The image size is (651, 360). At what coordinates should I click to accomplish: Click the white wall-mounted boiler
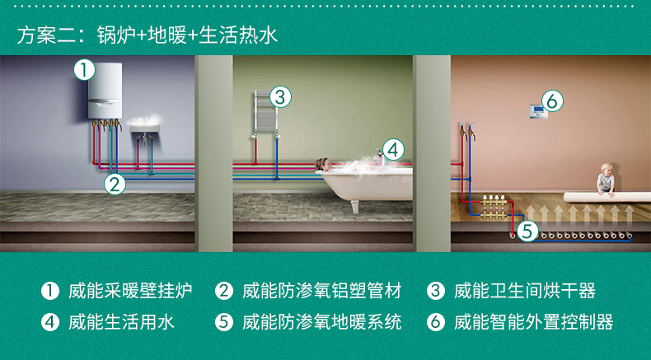tap(105, 91)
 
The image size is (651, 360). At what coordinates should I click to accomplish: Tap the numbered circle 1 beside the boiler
tap(84, 70)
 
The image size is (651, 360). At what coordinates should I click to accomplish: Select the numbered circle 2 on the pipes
tap(115, 184)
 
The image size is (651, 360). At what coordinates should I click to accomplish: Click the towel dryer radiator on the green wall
tap(265, 113)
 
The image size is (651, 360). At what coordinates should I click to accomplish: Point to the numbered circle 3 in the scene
tap(281, 97)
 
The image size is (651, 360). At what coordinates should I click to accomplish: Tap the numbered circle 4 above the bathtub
tap(393, 149)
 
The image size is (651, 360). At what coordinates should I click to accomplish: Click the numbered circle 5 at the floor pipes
tap(527, 231)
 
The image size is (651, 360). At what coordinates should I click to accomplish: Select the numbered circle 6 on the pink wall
tap(552, 101)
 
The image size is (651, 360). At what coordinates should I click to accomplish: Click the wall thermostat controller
tap(538, 112)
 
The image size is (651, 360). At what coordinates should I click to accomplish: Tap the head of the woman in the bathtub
tap(323, 164)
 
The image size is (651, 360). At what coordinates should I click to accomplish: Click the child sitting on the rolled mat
tap(606, 180)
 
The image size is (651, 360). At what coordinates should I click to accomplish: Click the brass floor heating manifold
tap(494, 207)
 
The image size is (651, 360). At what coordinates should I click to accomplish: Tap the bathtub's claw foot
tap(354, 207)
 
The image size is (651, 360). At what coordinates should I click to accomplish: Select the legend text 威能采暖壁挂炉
tap(130, 291)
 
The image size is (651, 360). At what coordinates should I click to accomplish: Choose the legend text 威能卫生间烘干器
tap(525, 291)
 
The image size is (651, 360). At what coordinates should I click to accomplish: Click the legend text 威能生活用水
tap(121, 322)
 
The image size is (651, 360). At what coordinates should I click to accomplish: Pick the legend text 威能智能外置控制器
tap(533, 322)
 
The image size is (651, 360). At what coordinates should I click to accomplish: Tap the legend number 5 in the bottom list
tap(224, 322)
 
